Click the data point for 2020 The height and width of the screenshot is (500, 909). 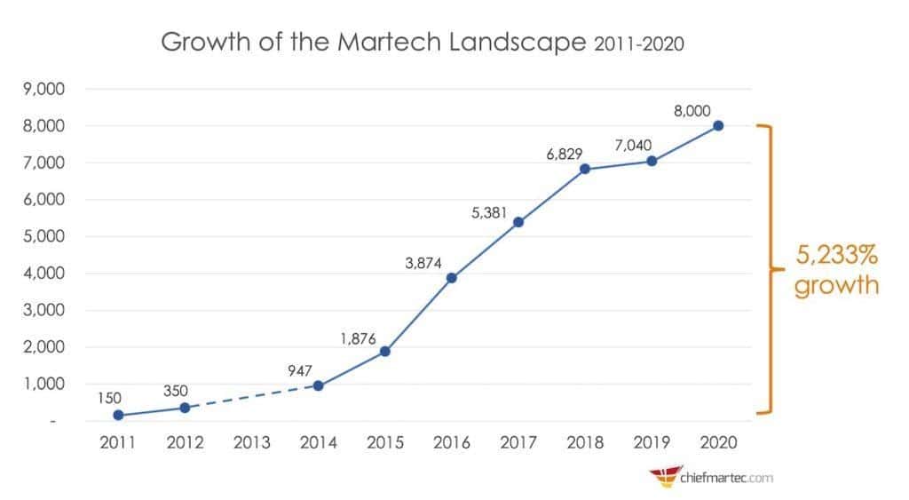coord(717,125)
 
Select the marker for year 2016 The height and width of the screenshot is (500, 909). coord(451,278)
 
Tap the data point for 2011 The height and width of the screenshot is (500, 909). coord(118,415)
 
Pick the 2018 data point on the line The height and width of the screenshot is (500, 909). coord(584,169)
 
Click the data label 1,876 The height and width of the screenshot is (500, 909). coord(358,337)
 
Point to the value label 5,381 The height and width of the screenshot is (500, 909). coord(491,212)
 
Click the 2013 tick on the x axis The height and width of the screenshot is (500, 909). coord(251,442)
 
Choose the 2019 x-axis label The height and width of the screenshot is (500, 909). coord(651,442)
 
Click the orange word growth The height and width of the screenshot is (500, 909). coord(835,287)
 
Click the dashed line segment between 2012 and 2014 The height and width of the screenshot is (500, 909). coord(251,397)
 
